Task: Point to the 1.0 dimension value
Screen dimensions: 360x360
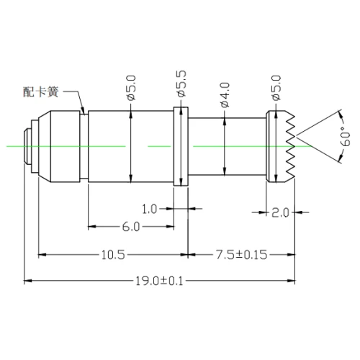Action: [x=149, y=209]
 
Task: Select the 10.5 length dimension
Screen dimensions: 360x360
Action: [x=113, y=255]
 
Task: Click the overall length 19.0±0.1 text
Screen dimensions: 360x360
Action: [x=158, y=281]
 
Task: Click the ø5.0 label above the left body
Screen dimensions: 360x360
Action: [x=131, y=86]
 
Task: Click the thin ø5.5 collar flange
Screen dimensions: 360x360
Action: [x=181, y=147]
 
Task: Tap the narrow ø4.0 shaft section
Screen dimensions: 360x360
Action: [x=226, y=147]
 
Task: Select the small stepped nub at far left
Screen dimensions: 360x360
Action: [x=28, y=146]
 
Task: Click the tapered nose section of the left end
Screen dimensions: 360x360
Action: [x=43, y=146]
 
